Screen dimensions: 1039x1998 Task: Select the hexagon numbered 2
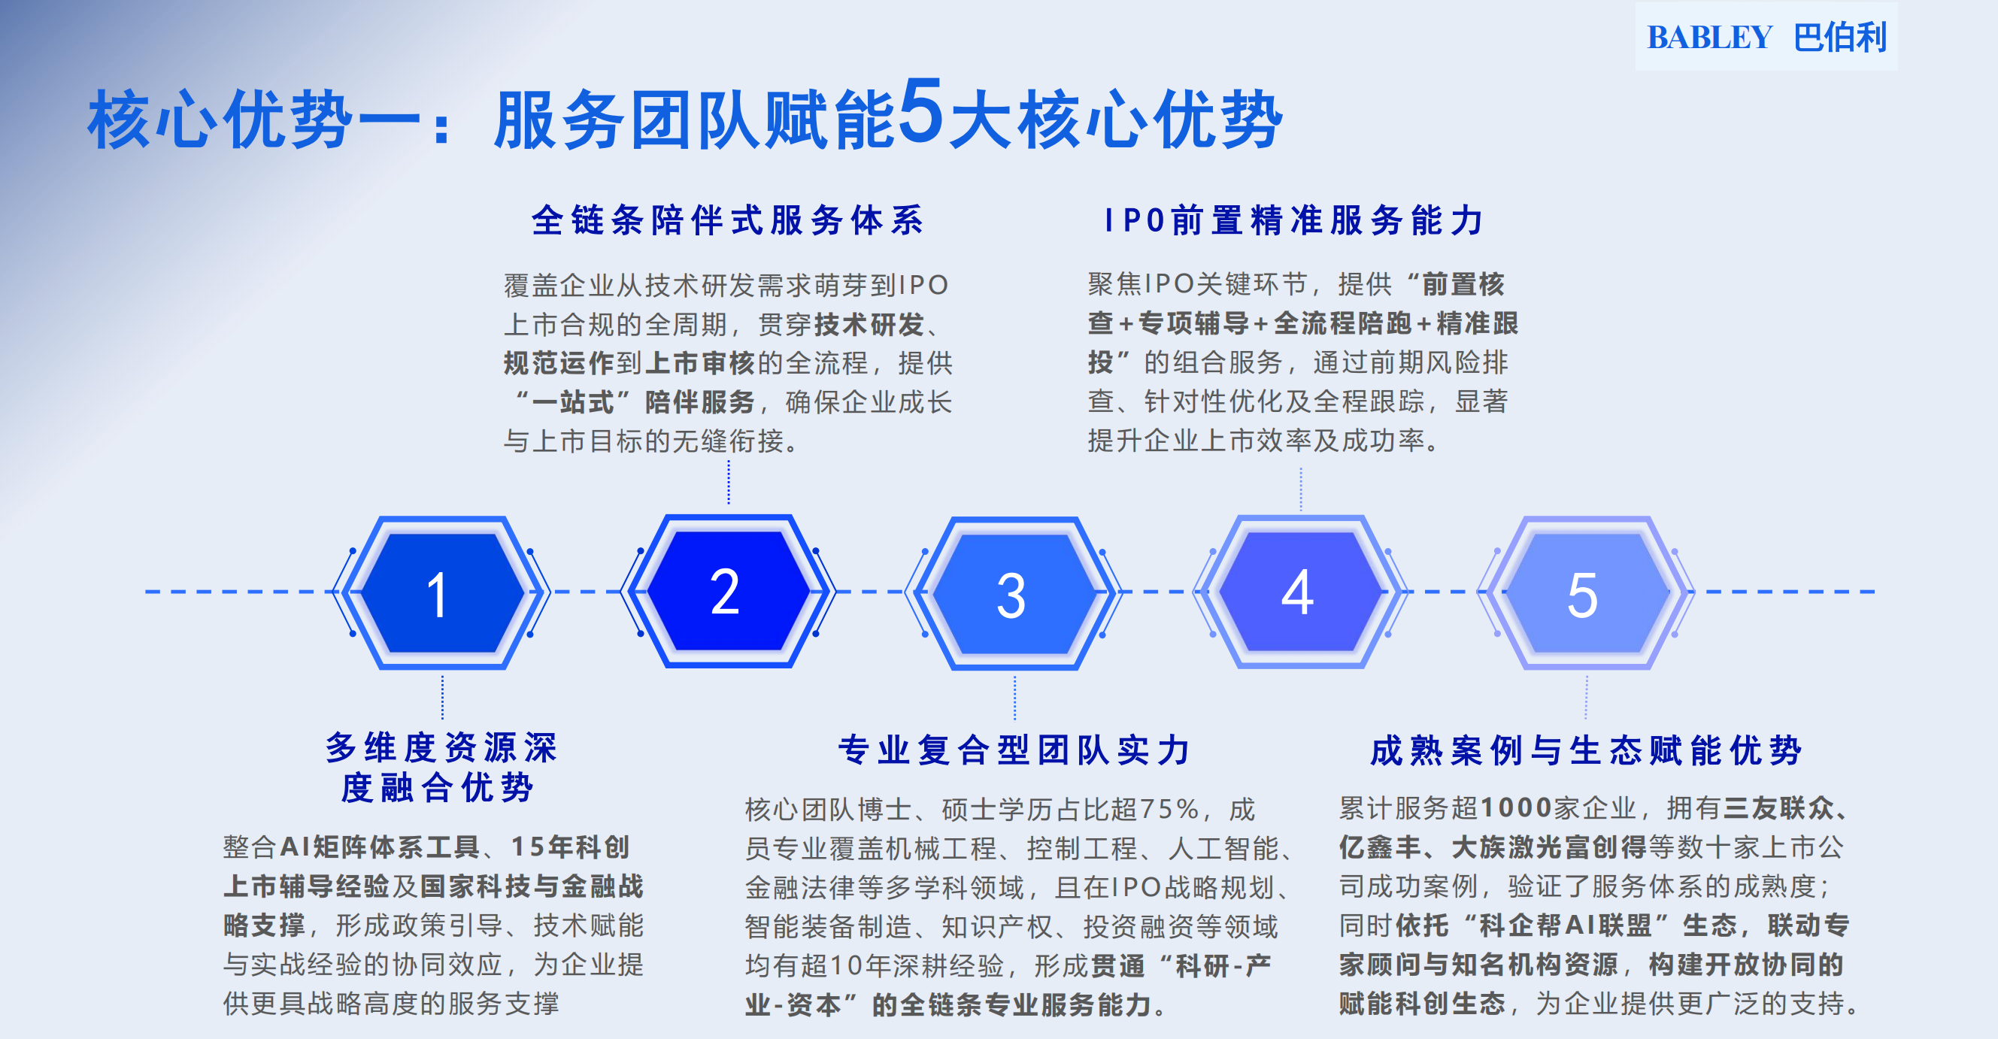(727, 591)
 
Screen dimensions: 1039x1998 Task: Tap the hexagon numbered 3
(1013, 593)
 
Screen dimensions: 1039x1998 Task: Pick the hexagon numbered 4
(1299, 592)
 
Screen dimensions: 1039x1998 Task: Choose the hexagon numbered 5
(1584, 593)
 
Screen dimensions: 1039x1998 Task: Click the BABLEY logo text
(1708, 38)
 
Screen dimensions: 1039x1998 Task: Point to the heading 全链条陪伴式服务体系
(727, 220)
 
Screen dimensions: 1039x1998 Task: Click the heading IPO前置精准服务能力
(1293, 220)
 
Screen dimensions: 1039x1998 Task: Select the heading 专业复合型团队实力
(1014, 750)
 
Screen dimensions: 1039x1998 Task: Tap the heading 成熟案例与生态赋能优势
(1585, 750)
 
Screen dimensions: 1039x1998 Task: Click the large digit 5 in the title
(921, 113)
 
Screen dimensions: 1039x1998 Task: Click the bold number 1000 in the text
(1515, 808)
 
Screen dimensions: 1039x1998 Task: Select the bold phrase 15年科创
(570, 847)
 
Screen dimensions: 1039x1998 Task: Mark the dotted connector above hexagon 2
(729, 482)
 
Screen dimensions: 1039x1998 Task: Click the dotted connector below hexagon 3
(1014, 697)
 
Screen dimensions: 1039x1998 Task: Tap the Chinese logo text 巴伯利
(1840, 38)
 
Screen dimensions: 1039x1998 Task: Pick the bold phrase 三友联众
(1778, 808)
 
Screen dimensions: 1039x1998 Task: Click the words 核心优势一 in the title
(253, 120)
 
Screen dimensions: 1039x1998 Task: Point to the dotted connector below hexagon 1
(442, 697)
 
